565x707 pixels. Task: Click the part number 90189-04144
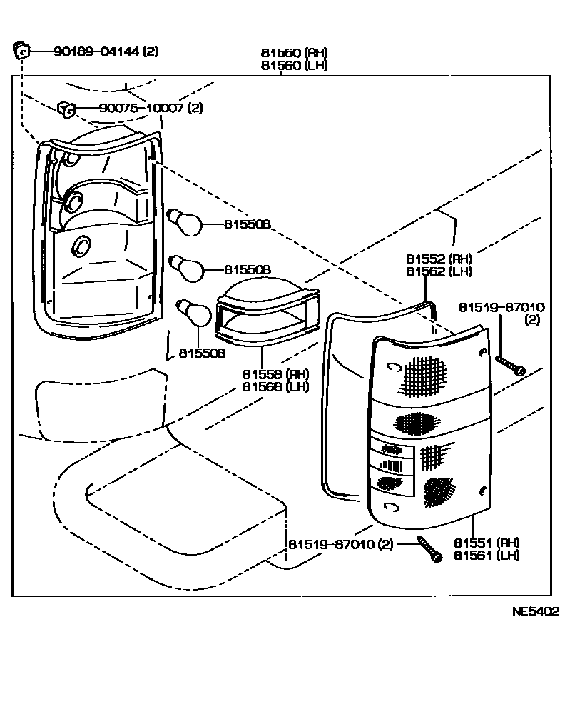(97, 51)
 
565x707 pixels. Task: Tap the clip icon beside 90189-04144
(21, 50)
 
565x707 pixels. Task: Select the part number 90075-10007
(133, 109)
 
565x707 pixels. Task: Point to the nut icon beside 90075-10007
(66, 109)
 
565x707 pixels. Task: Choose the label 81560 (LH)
(295, 66)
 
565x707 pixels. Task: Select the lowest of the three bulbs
(194, 312)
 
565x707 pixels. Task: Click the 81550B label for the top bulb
(247, 224)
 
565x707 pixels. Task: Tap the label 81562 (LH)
(439, 271)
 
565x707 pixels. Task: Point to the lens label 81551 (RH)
(487, 543)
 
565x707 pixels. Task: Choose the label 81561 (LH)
(487, 556)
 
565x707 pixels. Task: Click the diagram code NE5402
(534, 612)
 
